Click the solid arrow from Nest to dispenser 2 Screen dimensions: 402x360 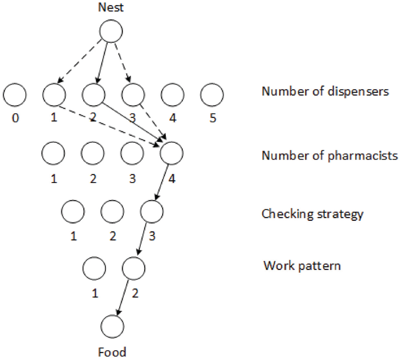102,63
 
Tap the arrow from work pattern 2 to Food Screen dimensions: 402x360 123,298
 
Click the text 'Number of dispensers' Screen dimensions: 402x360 325,91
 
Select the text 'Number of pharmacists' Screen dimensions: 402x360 330,156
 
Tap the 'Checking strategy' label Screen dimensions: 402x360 312,214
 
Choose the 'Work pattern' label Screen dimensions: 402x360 302,266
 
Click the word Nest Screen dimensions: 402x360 111,7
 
